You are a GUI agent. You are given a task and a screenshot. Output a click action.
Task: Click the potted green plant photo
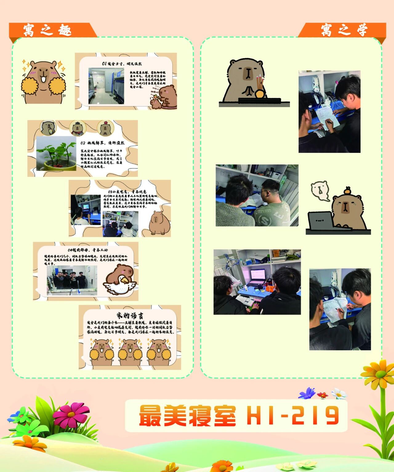point(56,153)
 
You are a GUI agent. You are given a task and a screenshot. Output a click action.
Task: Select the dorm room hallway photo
point(106,86)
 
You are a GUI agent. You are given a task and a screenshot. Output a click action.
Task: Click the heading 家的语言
point(130,315)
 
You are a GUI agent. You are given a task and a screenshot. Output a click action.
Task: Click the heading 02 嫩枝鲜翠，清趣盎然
point(103,143)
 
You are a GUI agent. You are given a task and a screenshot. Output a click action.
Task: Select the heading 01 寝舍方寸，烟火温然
point(122,64)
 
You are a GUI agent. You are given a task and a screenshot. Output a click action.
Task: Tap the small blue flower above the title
point(307,393)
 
